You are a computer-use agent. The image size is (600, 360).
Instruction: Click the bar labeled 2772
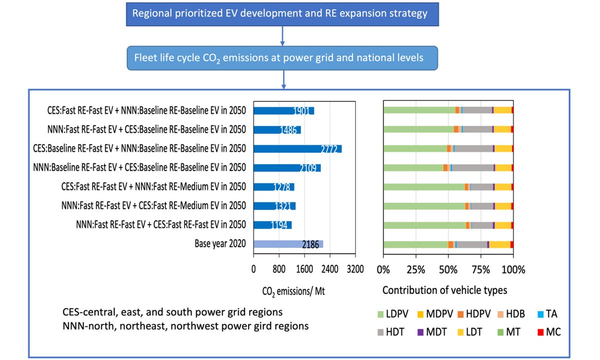(x=297, y=148)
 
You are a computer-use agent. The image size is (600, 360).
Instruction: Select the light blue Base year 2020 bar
(x=288, y=244)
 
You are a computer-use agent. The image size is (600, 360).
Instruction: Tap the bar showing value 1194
(x=272, y=225)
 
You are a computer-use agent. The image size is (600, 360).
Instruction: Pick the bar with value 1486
(x=277, y=129)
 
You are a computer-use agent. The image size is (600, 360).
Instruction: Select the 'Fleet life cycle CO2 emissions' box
(x=282, y=58)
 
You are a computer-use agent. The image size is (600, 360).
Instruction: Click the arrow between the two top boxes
(x=282, y=36)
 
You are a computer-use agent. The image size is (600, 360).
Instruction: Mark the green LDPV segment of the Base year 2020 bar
(x=415, y=244)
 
